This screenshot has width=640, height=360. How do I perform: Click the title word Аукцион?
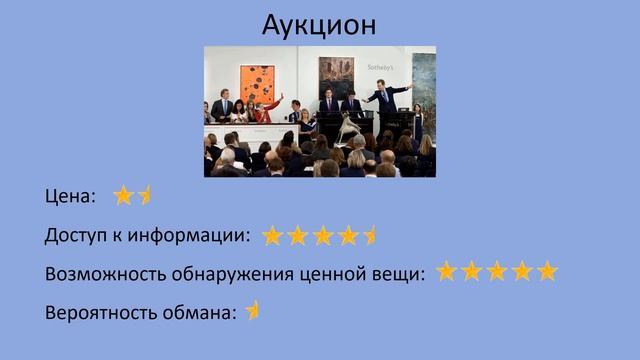click(319, 23)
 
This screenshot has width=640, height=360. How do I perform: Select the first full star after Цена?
click(123, 196)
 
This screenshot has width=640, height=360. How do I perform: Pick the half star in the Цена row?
click(144, 196)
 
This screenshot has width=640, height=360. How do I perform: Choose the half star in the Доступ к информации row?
click(370, 235)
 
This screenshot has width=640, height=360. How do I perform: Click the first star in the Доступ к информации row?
click(273, 235)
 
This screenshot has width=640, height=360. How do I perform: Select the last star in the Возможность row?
click(546, 271)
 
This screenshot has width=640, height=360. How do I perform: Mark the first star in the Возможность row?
click(447, 271)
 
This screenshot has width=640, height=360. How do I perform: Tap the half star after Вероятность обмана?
click(253, 310)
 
